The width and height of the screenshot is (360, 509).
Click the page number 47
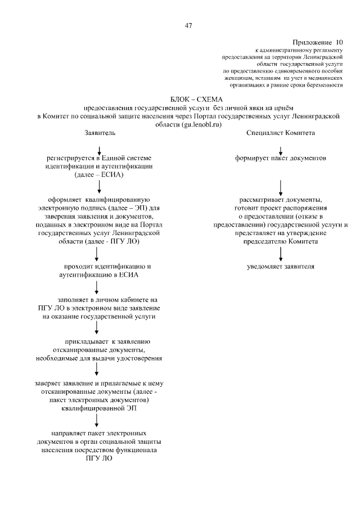click(189, 25)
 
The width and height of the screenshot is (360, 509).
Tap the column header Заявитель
click(99, 133)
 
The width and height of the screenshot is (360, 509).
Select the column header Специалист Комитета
click(280, 133)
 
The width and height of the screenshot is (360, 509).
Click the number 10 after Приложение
click(339, 42)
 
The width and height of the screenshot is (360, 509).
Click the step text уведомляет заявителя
click(280, 266)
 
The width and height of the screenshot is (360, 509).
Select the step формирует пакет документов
click(280, 159)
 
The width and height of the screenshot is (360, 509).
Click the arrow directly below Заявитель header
click(99, 148)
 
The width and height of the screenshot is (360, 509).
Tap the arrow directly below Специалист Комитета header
click(280, 148)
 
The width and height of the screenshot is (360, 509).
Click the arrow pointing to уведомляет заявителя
click(280, 253)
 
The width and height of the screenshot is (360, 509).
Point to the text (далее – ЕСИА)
click(99, 175)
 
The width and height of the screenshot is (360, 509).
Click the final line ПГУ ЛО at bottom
click(99, 458)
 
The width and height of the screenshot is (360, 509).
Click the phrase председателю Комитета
click(280, 241)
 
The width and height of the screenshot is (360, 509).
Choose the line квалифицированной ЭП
click(99, 409)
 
